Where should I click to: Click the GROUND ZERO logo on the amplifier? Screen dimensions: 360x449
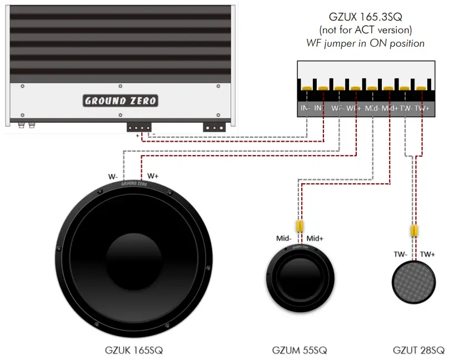click(x=121, y=101)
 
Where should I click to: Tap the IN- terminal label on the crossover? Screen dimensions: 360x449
click(x=305, y=108)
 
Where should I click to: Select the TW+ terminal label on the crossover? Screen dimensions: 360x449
click(x=422, y=108)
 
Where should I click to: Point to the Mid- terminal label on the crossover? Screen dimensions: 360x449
click(x=372, y=108)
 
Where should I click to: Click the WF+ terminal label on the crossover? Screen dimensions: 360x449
click(x=354, y=108)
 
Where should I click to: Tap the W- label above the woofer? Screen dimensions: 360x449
click(x=113, y=177)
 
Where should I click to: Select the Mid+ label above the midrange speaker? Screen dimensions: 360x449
click(x=315, y=238)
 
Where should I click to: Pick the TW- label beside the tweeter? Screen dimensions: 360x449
click(x=401, y=254)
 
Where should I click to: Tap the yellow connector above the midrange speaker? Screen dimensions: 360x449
click(x=300, y=226)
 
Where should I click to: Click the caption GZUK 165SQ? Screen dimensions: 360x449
click(x=133, y=350)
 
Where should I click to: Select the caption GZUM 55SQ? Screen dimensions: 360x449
click(x=300, y=350)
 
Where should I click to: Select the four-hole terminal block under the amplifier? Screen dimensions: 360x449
click(x=139, y=127)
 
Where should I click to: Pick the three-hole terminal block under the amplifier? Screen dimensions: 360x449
click(x=214, y=127)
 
